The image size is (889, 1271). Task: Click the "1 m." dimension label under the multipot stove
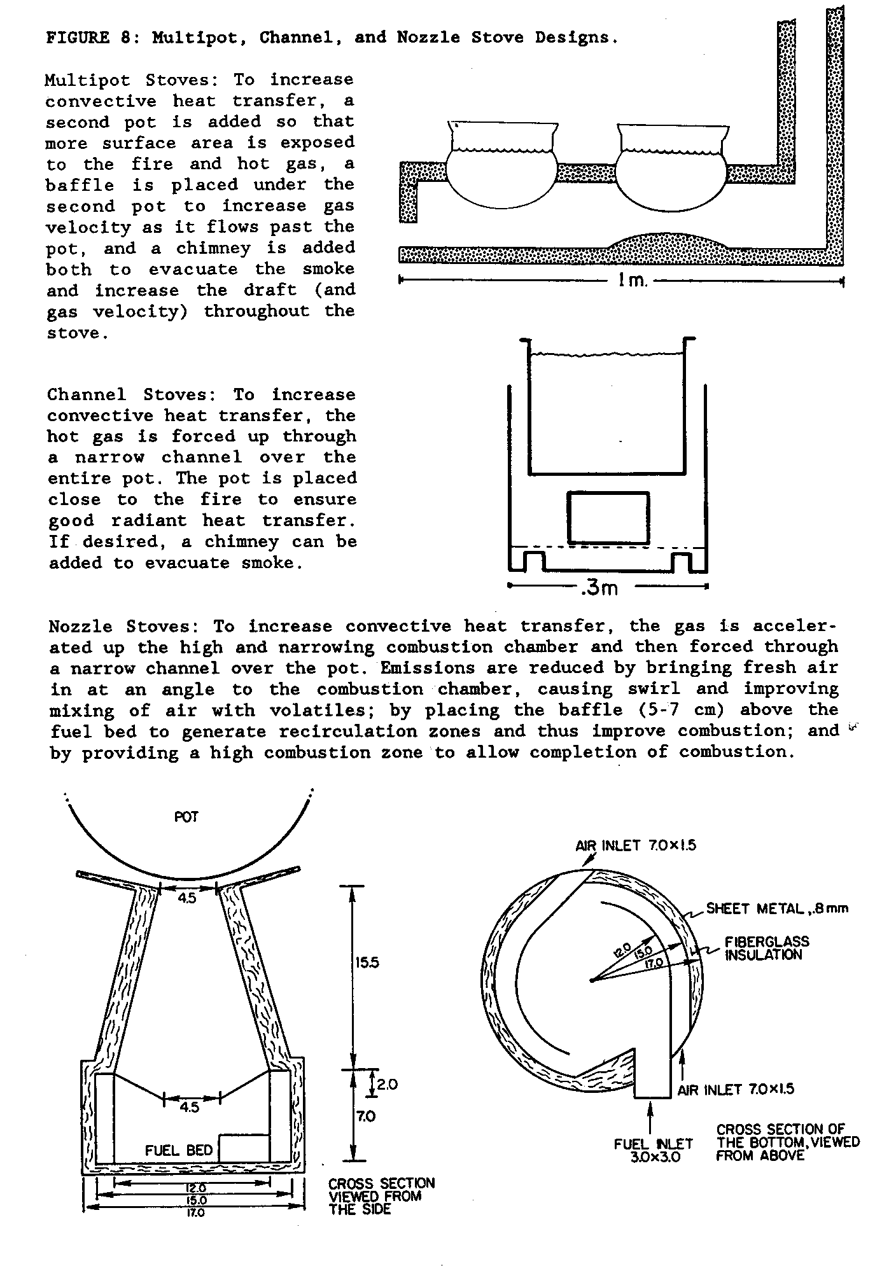point(631,281)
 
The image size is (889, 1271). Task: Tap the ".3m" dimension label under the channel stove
point(599,588)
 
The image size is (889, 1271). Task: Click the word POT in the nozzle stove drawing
point(186,817)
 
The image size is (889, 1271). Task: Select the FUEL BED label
point(179,1150)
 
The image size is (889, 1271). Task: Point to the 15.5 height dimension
point(367,962)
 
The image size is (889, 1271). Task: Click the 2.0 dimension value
point(387,1084)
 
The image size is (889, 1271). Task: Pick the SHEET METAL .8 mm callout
point(777,908)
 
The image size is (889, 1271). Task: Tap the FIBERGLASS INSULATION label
point(767,948)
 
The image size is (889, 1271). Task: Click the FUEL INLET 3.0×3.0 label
point(654,1150)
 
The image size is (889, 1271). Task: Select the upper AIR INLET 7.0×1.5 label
point(636,845)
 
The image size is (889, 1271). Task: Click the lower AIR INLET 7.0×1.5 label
point(736,1090)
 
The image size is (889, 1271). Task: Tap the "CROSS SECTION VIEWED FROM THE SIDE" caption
point(381,1196)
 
